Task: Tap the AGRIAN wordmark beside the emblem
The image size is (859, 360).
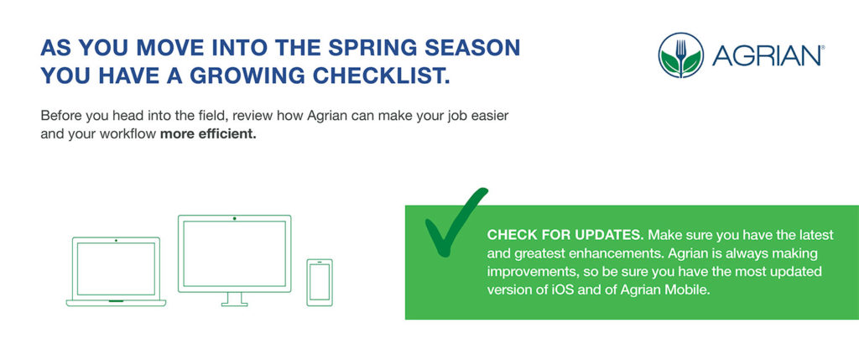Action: [x=768, y=56]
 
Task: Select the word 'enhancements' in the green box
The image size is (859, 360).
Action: [x=593, y=253]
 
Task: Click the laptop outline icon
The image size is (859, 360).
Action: [x=116, y=271]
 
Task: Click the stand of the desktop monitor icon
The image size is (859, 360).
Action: [x=234, y=297]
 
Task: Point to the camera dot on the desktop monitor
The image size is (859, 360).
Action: [x=234, y=219]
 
